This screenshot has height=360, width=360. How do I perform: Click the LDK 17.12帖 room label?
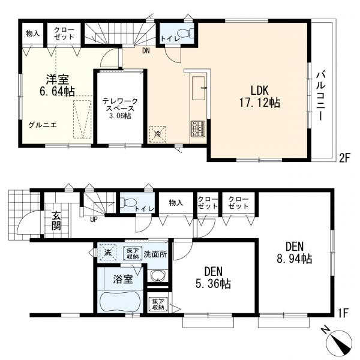(x=260, y=97)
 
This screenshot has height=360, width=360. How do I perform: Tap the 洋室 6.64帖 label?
(x=57, y=85)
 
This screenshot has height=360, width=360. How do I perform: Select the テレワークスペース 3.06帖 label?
(x=120, y=109)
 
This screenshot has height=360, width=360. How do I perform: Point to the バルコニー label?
(x=321, y=96)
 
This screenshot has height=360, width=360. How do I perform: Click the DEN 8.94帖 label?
(x=295, y=253)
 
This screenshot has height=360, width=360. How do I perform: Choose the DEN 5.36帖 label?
(x=213, y=278)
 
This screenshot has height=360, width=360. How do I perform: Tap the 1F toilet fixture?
(x=127, y=203)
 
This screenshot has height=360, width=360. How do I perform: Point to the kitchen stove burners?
(x=197, y=128)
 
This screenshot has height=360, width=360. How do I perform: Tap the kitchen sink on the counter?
(x=199, y=88)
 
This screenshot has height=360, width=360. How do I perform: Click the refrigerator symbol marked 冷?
(x=158, y=134)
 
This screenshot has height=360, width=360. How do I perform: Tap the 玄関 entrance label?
(x=56, y=221)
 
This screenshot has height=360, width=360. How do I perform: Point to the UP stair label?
(x=94, y=220)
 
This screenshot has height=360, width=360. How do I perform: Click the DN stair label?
(x=146, y=51)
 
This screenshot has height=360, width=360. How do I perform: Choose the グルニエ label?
(x=42, y=125)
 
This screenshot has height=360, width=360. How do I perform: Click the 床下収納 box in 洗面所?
(x=133, y=253)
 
